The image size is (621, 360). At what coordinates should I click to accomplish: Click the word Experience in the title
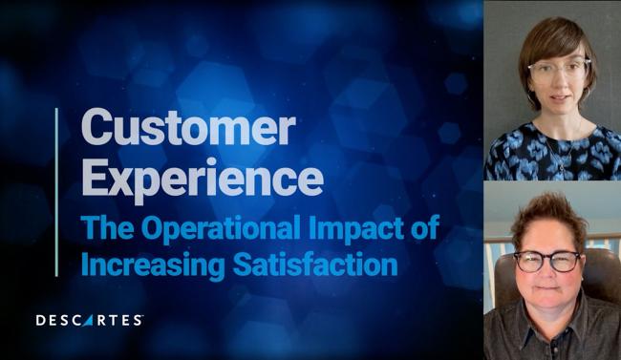(201, 178)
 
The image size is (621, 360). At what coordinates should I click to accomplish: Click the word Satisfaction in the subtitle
(315, 263)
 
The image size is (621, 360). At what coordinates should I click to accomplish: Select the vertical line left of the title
(56, 191)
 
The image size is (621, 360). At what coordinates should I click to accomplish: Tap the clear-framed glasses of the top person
(559, 69)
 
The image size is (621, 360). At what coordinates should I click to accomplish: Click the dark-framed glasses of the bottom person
(546, 260)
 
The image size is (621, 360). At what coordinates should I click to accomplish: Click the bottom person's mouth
(546, 289)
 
